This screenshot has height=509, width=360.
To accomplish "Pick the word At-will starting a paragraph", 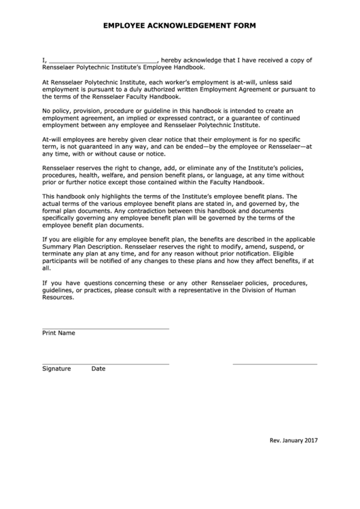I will [x=54, y=139].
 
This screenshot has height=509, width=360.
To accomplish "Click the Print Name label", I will [x=58, y=334].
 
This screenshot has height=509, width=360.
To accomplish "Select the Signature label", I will [x=56, y=369].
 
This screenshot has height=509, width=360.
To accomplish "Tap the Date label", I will [x=98, y=369].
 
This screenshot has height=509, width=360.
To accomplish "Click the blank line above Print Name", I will [x=105, y=328].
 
